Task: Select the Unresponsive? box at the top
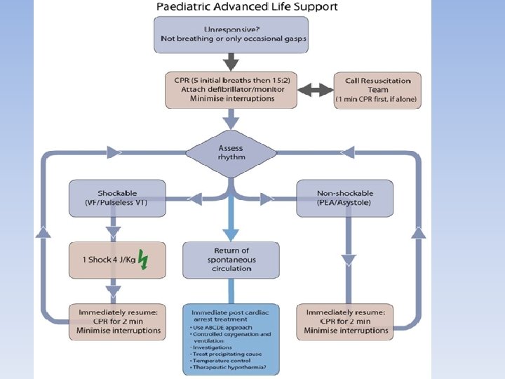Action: click(x=231, y=34)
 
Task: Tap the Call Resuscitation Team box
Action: click(x=377, y=89)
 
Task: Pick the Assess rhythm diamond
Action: click(x=231, y=152)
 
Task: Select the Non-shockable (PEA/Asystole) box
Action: click(x=344, y=198)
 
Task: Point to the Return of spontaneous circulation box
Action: click(x=231, y=259)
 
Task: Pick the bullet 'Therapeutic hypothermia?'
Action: click(x=224, y=367)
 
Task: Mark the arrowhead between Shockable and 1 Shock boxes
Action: click(x=113, y=230)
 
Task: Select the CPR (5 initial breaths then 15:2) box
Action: click(x=231, y=89)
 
